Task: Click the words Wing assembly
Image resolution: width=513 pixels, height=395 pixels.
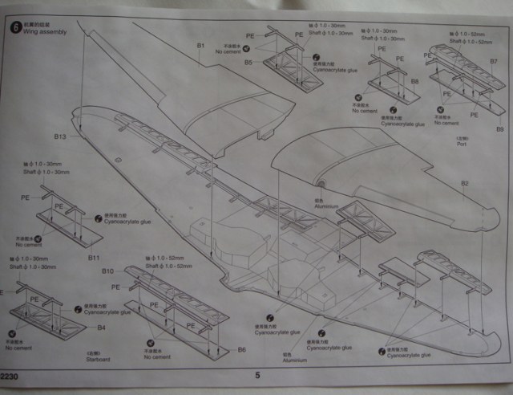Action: [46, 32]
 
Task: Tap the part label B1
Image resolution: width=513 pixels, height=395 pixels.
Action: [201, 45]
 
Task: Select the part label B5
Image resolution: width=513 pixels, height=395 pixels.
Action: [248, 62]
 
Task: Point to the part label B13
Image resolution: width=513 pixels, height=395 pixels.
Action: [60, 136]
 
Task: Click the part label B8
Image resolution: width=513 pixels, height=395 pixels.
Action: [414, 82]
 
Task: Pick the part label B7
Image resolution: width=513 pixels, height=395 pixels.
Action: [494, 62]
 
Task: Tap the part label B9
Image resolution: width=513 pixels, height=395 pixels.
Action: [499, 128]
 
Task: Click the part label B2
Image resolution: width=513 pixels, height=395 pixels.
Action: [464, 183]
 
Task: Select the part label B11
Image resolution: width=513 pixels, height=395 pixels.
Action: [94, 258]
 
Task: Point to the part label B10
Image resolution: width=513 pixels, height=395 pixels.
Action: [108, 271]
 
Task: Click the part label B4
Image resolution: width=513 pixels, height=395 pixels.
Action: [102, 328]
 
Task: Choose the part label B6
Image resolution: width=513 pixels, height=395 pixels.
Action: [242, 350]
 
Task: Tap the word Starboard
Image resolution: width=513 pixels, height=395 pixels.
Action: [97, 359]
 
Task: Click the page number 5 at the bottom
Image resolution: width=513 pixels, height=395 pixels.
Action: [257, 375]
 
